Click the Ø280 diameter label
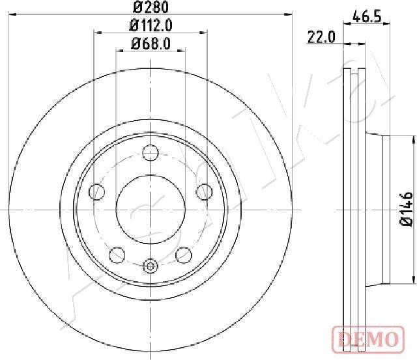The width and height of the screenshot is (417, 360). coord(151,8)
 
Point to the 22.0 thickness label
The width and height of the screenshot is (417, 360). coord(321,37)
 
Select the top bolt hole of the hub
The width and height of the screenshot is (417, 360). coord(151,154)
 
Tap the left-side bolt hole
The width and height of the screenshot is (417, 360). coord(96,191)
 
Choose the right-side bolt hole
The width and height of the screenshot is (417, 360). coord(205,191)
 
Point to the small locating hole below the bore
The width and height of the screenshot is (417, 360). coord(151,266)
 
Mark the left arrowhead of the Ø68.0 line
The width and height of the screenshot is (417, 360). coord(119,50)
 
